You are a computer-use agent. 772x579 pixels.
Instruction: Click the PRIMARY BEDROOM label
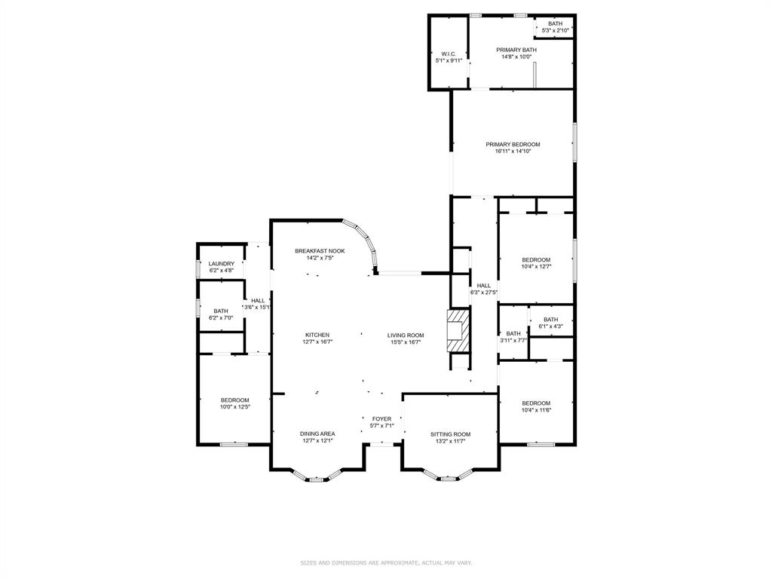(x=513, y=144)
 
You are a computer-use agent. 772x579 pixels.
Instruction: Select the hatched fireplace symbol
(x=458, y=331)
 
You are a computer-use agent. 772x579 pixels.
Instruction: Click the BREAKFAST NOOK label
(x=320, y=251)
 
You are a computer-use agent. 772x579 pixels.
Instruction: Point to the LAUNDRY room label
(x=221, y=264)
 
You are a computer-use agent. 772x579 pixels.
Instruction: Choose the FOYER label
(x=381, y=418)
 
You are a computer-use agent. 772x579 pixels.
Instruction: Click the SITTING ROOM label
(x=450, y=434)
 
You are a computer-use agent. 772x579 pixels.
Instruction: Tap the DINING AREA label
(x=317, y=433)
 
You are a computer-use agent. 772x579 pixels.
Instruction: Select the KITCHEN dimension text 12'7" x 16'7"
(x=317, y=342)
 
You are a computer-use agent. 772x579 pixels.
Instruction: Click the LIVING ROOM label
(x=406, y=335)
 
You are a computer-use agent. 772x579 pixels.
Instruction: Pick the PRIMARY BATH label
(x=516, y=50)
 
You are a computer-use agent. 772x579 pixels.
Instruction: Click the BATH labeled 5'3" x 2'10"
(x=555, y=23)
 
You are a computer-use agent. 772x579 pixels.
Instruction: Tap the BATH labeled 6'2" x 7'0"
(x=221, y=311)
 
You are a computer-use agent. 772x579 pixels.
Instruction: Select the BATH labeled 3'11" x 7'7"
(x=513, y=333)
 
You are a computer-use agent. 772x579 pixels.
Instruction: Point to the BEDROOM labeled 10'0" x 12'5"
(x=234, y=400)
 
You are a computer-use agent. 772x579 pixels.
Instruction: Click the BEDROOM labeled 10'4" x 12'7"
(x=536, y=260)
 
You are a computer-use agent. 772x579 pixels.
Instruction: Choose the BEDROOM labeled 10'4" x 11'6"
(x=536, y=403)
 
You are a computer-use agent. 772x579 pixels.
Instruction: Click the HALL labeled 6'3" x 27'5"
(x=483, y=286)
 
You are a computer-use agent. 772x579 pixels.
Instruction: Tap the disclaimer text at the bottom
(x=386, y=562)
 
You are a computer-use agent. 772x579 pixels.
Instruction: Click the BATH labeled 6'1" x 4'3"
(x=550, y=320)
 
